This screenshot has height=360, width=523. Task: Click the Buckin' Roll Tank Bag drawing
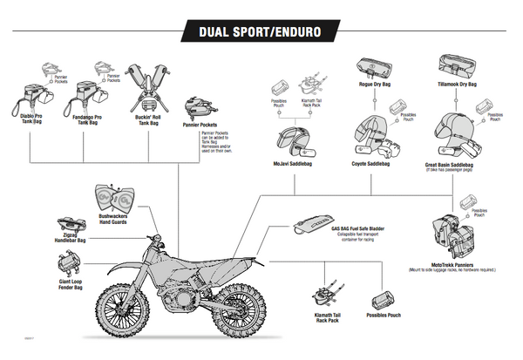point(147,88)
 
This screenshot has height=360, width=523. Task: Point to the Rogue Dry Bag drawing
point(373,66)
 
